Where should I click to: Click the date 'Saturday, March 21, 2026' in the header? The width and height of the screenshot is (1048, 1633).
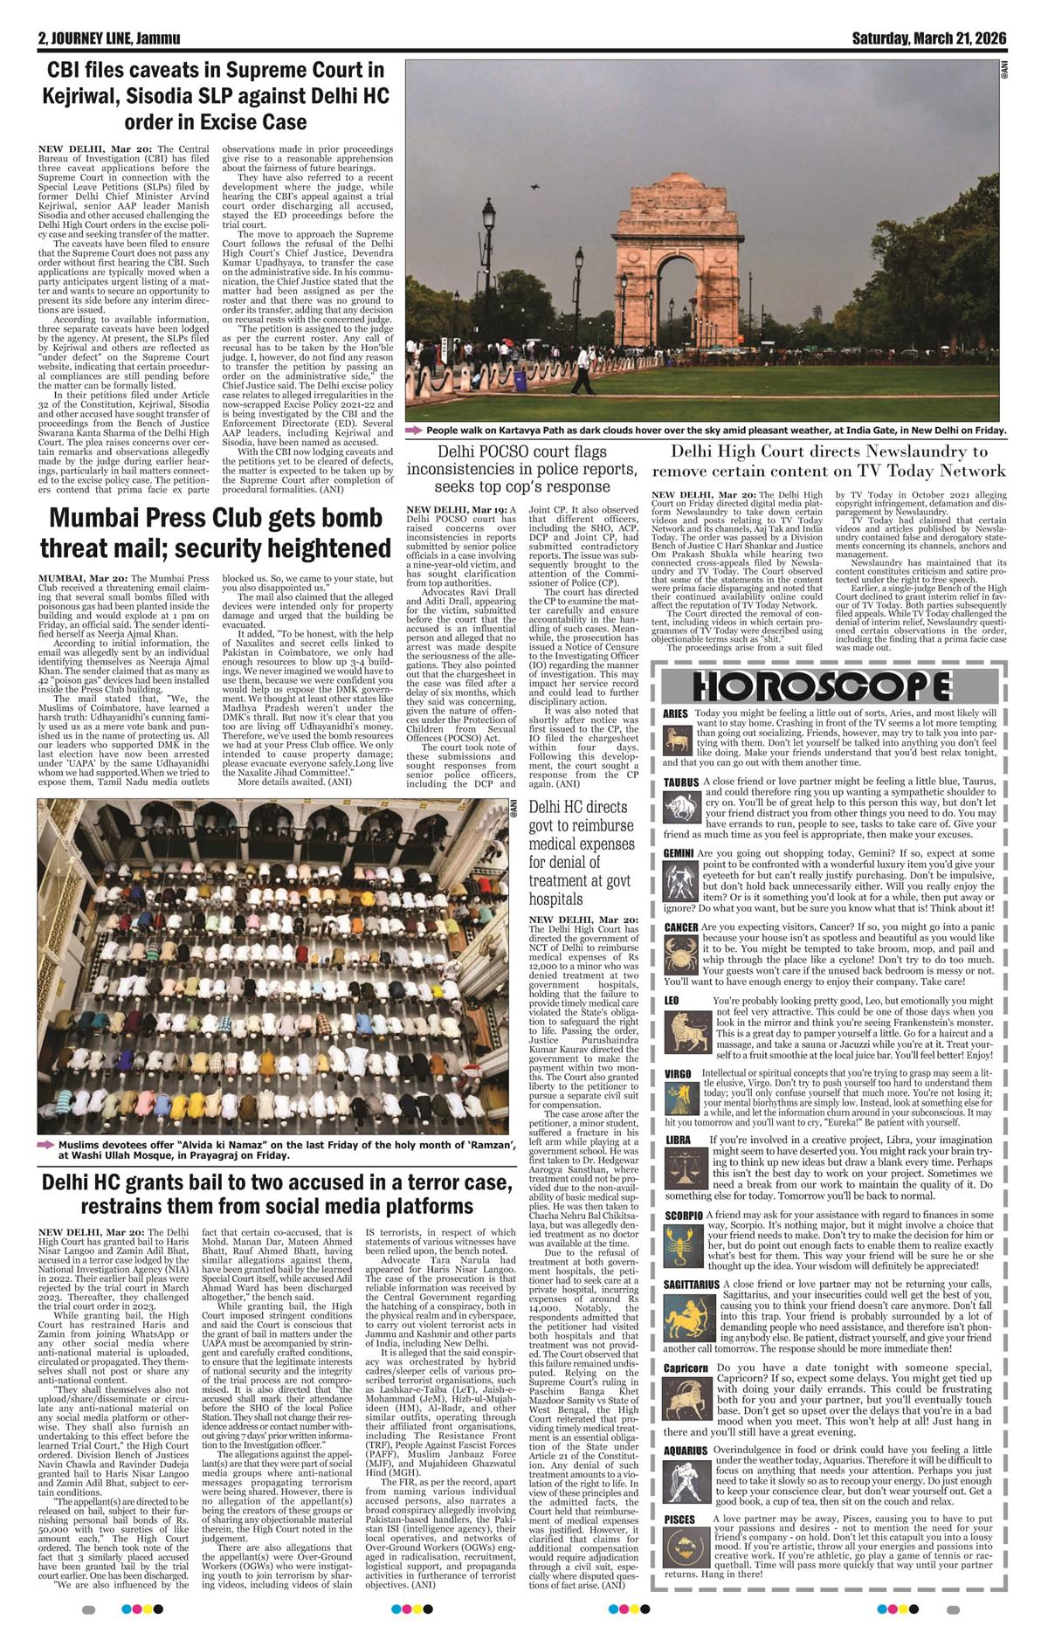click(x=929, y=39)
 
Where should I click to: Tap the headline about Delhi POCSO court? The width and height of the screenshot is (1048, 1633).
click(x=522, y=468)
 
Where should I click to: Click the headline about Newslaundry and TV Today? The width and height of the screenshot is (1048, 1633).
click(x=830, y=461)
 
